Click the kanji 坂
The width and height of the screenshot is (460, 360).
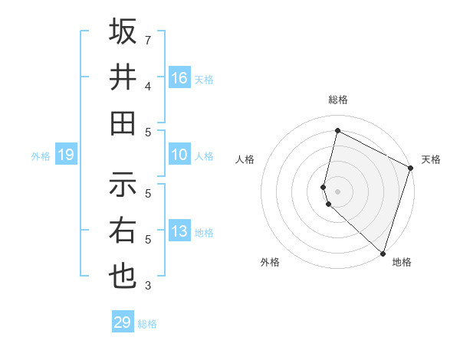123,32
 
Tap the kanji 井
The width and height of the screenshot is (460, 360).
123,77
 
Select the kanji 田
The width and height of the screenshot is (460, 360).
123,123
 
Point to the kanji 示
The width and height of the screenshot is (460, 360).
123,185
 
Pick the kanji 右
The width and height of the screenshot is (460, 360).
123,231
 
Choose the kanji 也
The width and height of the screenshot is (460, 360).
123,276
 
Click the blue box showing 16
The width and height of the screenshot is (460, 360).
179,78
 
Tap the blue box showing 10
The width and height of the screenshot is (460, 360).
179,155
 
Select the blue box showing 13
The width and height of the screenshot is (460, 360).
179,231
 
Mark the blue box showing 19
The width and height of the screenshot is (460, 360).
66,155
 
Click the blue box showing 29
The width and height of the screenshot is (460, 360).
123,322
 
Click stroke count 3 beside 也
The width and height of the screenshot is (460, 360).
148,286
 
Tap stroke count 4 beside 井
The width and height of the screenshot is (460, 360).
148,86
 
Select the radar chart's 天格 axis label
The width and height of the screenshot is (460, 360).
431,159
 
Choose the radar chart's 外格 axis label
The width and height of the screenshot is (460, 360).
270,262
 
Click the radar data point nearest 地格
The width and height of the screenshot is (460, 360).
383,253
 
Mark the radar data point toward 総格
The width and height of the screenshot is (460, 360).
337,131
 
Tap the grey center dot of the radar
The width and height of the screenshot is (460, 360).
337,191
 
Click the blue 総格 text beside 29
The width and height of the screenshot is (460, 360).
147,324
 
